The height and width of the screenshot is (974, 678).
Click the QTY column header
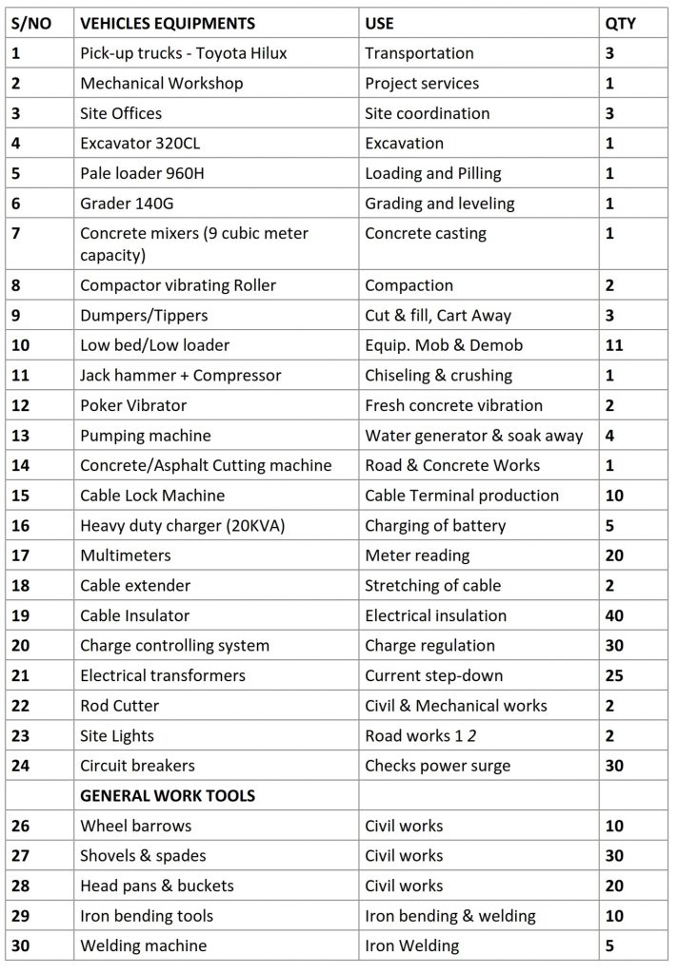(620, 23)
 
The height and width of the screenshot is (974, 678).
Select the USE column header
(379, 23)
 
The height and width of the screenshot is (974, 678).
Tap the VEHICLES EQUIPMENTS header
(168, 23)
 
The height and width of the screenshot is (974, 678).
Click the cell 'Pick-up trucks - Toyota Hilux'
(183, 53)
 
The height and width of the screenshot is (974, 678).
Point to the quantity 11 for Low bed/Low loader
(614, 345)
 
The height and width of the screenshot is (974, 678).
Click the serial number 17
(21, 555)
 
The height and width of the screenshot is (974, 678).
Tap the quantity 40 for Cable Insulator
(614, 615)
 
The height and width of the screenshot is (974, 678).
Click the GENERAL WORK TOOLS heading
(168, 795)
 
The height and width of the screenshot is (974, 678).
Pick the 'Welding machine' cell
(143, 945)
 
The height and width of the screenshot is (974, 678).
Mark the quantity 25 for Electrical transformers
(614, 675)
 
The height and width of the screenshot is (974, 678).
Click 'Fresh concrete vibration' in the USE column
(453, 405)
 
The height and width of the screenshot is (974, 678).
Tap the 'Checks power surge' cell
(437, 766)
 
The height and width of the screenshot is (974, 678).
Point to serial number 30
(21, 945)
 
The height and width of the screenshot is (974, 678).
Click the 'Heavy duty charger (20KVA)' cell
(182, 525)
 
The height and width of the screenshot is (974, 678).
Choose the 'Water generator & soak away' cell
(474, 436)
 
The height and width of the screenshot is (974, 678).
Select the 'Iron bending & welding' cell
(449, 916)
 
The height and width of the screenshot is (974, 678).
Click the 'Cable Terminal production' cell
(462, 496)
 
